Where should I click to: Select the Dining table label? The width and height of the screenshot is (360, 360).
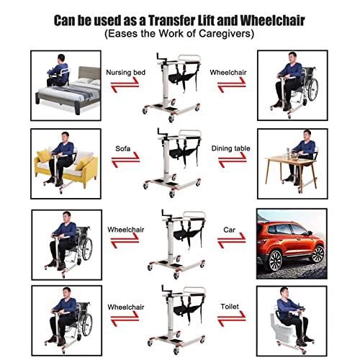(230, 149)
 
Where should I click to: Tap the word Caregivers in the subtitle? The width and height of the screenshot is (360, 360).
(224, 34)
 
